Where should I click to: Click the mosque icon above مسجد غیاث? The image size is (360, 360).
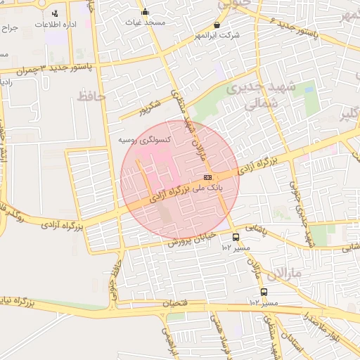click(x=146, y=11)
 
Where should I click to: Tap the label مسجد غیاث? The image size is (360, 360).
click(x=146, y=22)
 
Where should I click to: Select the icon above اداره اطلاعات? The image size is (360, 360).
click(x=55, y=13)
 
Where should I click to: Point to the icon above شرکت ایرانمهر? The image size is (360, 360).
click(x=216, y=25)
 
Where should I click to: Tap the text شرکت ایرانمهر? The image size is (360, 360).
click(x=215, y=34)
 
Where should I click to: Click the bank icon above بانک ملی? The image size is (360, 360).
click(x=207, y=177)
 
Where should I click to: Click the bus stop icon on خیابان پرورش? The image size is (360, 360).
click(x=236, y=237)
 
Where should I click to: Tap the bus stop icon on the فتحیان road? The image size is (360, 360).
click(x=264, y=292)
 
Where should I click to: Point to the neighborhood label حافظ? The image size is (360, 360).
click(x=91, y=96)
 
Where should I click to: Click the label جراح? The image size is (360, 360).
click(x=9, y=29)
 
